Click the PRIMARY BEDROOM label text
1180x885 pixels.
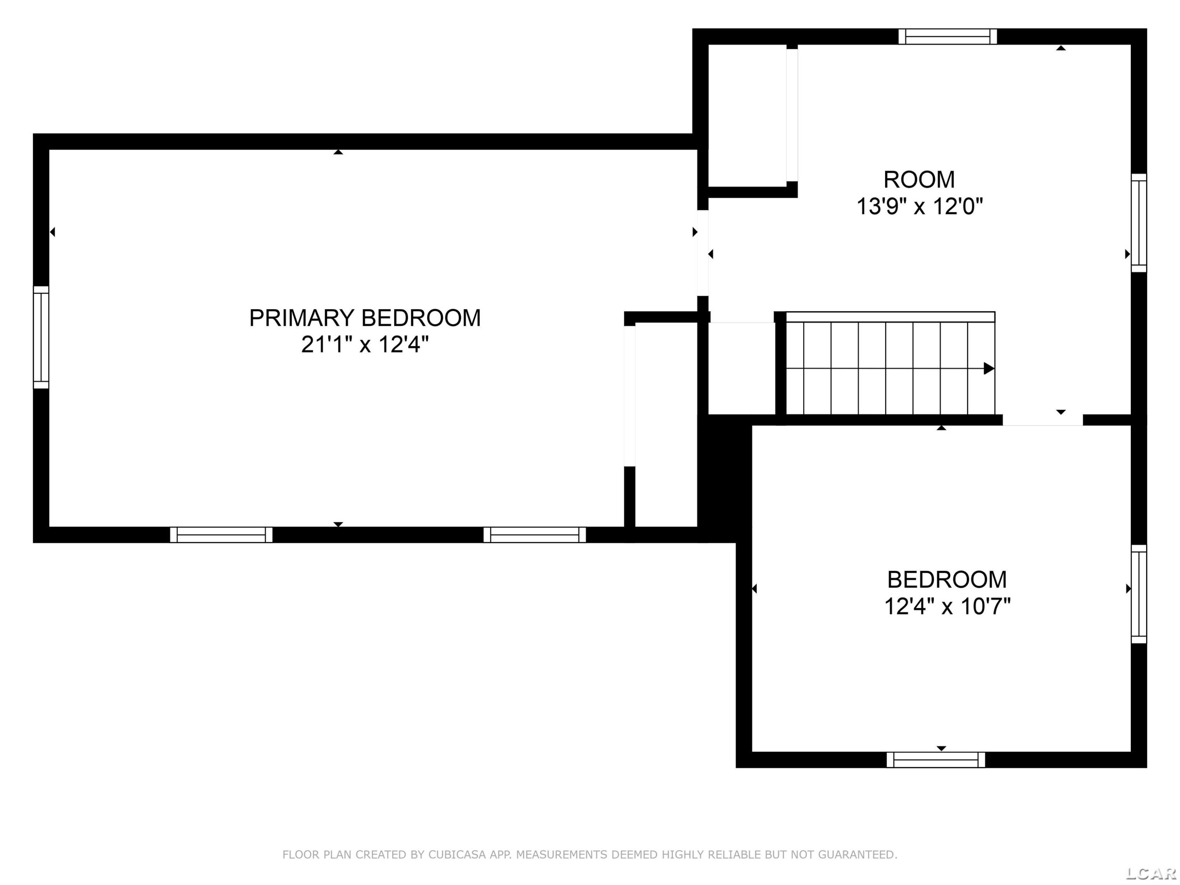[x=365, y=318]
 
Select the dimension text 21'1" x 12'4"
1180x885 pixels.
[x=365, y=345]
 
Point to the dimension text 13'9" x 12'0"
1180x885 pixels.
[x=919, y=206]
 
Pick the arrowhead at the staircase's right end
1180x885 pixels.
[x=989, y=369]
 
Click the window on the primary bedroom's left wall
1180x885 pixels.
[x=41, y=337]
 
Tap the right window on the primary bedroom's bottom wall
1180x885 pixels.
[x=535, y=535]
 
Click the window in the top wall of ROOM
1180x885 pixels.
[x=948, y=36]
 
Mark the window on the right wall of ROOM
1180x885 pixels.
[x=1139, y=223]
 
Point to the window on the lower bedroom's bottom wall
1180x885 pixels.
[x=936, y=760]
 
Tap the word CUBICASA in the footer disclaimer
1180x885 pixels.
[x=457, y=855]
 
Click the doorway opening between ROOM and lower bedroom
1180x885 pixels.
[x=1043, y=420]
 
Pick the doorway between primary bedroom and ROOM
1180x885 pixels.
[x=703, y=253]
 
